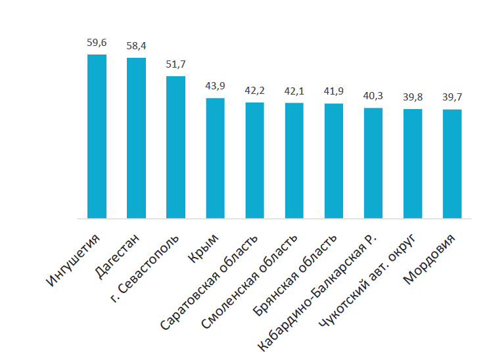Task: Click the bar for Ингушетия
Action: [97, 137]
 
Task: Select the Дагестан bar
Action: [136, 138]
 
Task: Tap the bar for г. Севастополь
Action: [175, 147]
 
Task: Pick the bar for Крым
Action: [215, 158]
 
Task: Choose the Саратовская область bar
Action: [255, 160]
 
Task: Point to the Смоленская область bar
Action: [294, 161]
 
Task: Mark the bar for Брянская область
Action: [334, 161]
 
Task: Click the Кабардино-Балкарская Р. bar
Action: [373, 164]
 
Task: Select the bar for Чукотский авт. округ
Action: [413, 164]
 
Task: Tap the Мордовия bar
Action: [452, 164]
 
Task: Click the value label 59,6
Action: [97, 43]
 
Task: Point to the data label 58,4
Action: [136, 46]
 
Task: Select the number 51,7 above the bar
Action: [175, 64]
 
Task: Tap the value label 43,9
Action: [215, 86]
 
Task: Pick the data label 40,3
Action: [373, 96]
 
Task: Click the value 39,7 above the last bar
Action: [452, 97]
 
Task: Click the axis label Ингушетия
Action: [74, 260]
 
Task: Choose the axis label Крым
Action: [204, 248]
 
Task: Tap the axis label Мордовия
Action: [430, 259]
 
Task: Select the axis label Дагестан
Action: [117, 256]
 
